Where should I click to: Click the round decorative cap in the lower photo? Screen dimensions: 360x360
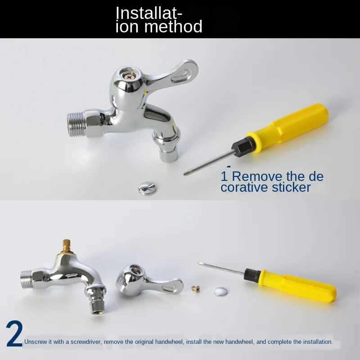click(220, 292)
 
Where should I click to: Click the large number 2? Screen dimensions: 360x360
click(14, 335)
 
